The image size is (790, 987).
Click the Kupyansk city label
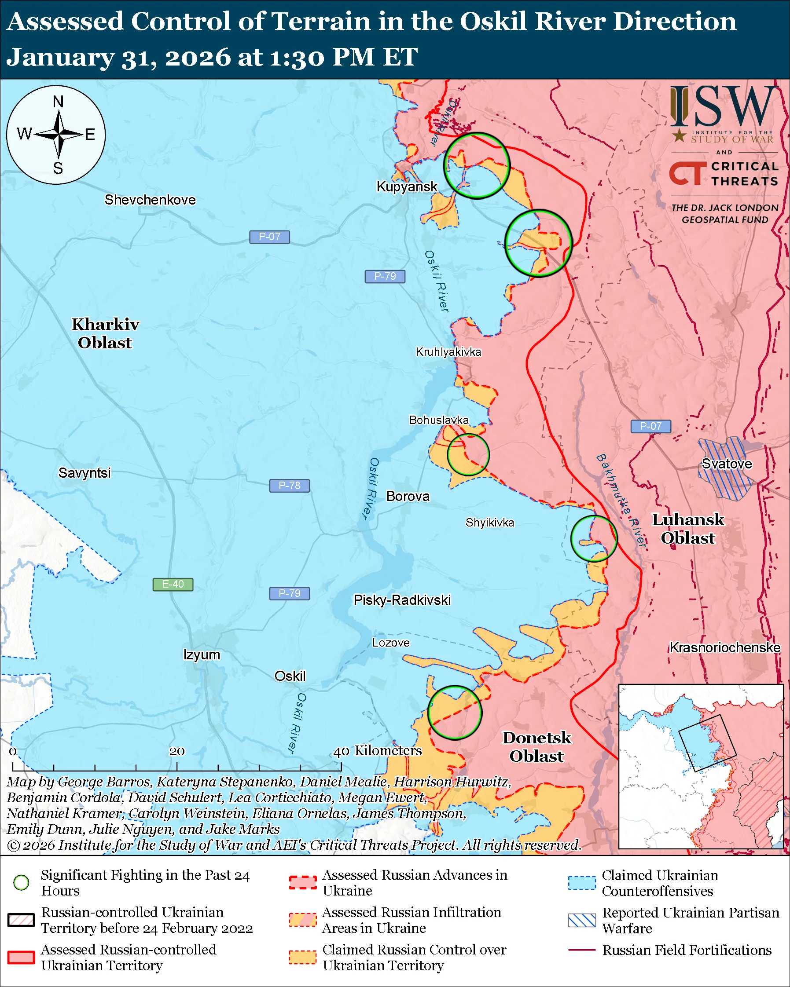pos(407,186)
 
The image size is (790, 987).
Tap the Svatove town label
pos(726,464)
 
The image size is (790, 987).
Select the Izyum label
pos(202,654)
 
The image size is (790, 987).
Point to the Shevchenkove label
pos(150,200)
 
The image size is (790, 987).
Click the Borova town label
pos(408,496)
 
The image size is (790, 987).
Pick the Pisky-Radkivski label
pos(402,600)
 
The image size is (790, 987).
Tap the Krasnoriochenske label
pos(724,648)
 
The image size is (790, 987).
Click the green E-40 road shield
pos(173,585)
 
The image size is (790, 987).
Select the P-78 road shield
pos(289,486)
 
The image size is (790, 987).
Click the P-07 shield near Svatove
pos(650,426)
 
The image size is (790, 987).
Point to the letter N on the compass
pos(58,102)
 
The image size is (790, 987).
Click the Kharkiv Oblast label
pos(105,333)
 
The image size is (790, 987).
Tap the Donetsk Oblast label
pos(536,747)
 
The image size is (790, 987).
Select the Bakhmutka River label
pos(621,501)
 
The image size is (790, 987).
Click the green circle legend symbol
pos(22,883)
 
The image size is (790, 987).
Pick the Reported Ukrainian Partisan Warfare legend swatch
pos(582,920)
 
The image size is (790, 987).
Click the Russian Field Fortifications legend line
pos(582,950)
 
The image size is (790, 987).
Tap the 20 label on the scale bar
pos(177,751)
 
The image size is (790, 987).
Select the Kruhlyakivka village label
pos(448,352)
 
